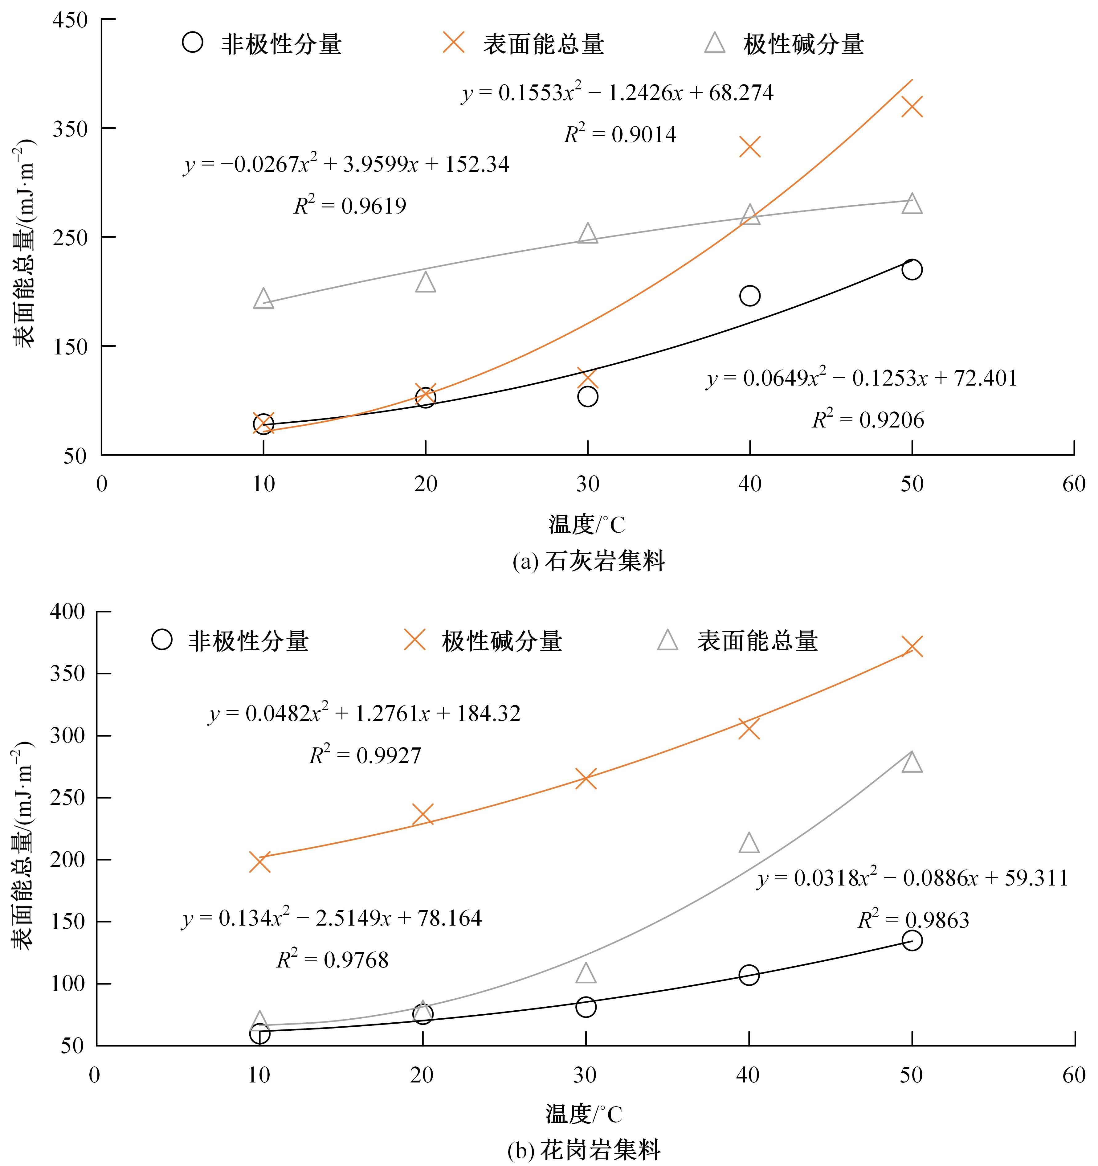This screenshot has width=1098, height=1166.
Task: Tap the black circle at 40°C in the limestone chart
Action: pos(749,296)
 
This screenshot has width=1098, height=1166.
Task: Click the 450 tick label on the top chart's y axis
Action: pos(70,20)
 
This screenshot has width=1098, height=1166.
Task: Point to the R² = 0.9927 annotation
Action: pos(365,755)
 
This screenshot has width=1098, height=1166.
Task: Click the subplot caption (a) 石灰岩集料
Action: pos(588,561)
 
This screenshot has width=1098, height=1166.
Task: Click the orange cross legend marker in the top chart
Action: pos(454,43)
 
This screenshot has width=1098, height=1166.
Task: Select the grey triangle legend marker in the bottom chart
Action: pos(667,640)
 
